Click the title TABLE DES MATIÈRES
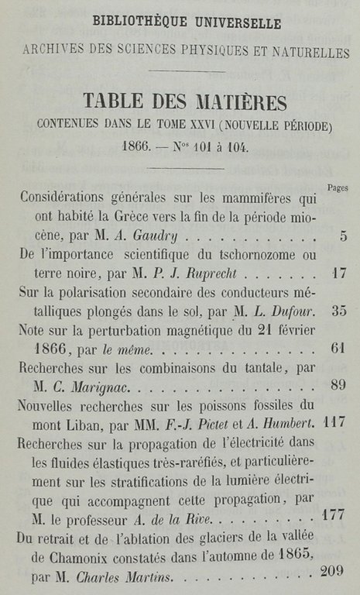185,101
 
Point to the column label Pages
338,188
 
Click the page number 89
337,384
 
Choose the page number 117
334,423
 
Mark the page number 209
331,573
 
